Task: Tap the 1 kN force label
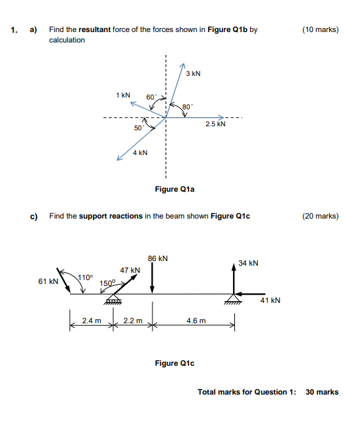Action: (x=122, y=95)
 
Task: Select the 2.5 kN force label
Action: (x=215, y=123)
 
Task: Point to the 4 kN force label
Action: (x=139, y=152)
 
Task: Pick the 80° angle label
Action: (x=187, y=106)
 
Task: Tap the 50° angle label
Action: (x=138, y=128)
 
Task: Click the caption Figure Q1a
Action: (x=175, y=189)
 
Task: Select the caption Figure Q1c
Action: (x=175, y=363)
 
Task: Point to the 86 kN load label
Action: (x=158, y=258)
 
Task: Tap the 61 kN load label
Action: (x=48, y=281)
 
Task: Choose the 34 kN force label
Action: (x=249, y=263)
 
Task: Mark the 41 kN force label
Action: (x=270, y=300)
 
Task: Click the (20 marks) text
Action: (x=320, y=215)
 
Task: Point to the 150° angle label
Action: (x=107, y=283)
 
